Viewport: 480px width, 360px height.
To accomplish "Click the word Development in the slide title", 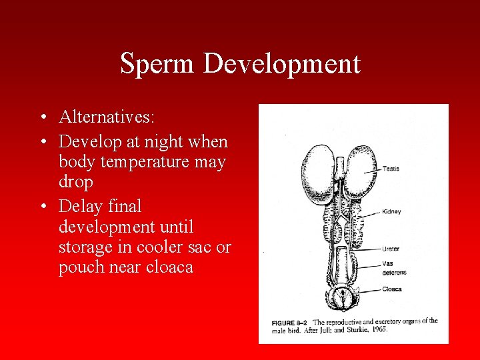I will click(x=281, y=64).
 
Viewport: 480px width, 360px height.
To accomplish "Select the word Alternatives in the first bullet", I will click(x=107, y=117).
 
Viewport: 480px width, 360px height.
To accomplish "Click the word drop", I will click(x=75, y=182).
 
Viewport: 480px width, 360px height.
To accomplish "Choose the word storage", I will click(x=87, y=247).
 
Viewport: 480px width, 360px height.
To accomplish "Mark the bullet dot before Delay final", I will click(x=42, y=207).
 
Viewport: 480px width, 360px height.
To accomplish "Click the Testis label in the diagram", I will click(x=391, y=169).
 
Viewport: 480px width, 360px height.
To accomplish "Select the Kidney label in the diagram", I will click(x=391, y=212).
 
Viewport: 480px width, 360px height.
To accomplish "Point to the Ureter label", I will click(x=391, y=249).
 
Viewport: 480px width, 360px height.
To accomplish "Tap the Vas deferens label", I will click(x=394, y=268).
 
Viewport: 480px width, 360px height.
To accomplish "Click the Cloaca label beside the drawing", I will click(x=392, y=289).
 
